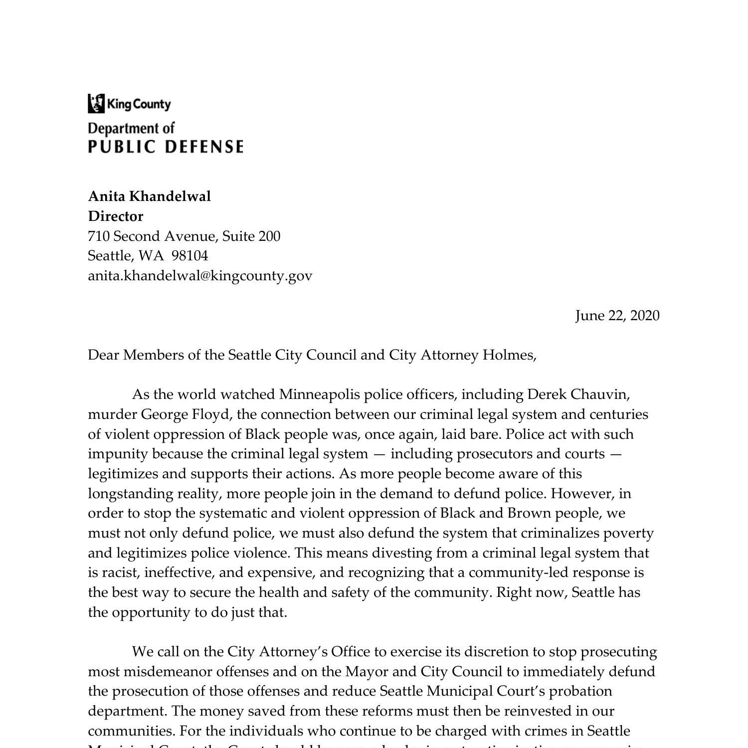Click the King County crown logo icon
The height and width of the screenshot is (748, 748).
(x=96, y=104)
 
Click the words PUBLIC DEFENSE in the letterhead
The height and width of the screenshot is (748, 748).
(x=166, y=147)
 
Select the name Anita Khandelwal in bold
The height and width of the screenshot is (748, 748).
(x=149, y=196)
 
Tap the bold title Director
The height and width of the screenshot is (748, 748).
(x=115, y=216)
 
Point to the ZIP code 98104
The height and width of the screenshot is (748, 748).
(x=189, y=256)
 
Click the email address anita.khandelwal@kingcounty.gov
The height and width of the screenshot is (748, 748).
(x=200, y=276)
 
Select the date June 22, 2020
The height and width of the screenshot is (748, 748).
(x=617, y=316)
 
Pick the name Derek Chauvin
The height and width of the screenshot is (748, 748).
(x=578, y=394)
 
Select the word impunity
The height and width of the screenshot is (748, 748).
(x=118, y=454)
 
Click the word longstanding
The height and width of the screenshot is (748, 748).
(x=131, y=494)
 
